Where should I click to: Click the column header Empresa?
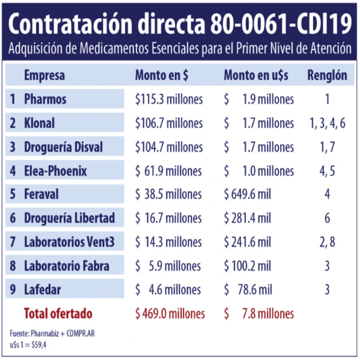click(x=44, y=76)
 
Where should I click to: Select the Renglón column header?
click(x=327, y=76)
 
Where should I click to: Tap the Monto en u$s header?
click(x=256, y=76)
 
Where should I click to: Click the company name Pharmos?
click(x=45, y=99)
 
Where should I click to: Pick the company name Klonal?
click(x=39, y=123)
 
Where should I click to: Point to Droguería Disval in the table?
click(x=63, y=147)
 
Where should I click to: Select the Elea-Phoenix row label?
click(x=55, y=171)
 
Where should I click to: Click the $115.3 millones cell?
click(x=169, y=99)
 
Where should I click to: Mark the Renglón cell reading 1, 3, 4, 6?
click(x=327, y=123)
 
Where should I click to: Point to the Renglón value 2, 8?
click(x=327, y=242)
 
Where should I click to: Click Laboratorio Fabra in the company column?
click(x=66, y=266)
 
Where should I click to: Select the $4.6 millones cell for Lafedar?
click(x=168, y=290)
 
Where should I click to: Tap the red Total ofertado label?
click(x=58, y=314)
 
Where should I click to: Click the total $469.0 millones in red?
click(x=170, y=314)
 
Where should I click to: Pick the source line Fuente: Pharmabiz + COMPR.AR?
click(x=52, y=333)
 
